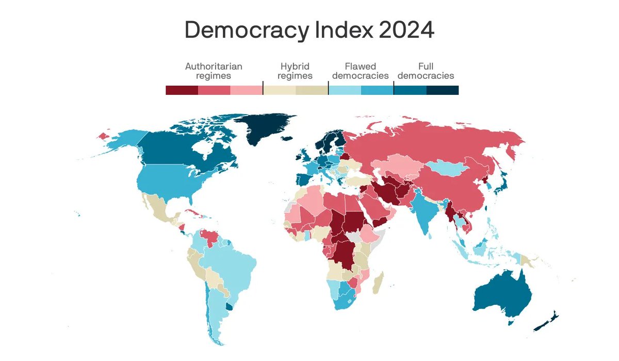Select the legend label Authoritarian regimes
(214, 71)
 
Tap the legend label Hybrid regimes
(295, 71)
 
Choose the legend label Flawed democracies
(361, 71)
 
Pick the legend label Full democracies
(426, 71)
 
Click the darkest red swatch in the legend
(182, 90)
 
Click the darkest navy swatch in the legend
(443, 90)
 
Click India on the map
(422, 209)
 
